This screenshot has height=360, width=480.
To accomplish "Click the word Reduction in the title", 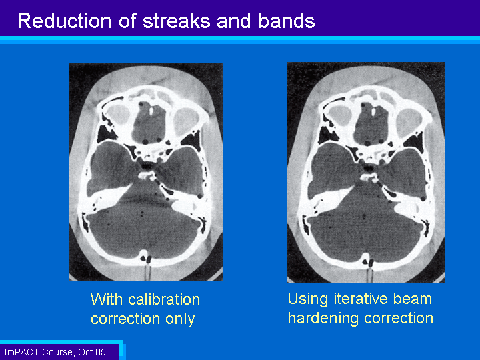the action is click(64, 21).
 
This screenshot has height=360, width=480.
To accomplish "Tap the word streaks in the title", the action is click(176, 21).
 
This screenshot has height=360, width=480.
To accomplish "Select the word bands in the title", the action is click(287, 21).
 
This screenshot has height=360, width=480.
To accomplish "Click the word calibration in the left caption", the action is click(164, 299).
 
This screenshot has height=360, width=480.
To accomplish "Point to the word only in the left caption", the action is click(180, 319).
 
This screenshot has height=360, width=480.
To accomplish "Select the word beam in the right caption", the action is click(413, 299).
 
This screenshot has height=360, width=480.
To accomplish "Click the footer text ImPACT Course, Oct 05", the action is click(55, 352).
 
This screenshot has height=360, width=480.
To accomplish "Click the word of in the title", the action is click(127, 21).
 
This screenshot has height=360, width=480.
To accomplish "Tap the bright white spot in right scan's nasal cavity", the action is click(373, 112).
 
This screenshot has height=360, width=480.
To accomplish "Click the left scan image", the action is click(146, 173).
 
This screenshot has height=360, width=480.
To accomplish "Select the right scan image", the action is click(367, 173).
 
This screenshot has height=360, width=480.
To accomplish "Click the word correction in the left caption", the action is click(125, 319).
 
